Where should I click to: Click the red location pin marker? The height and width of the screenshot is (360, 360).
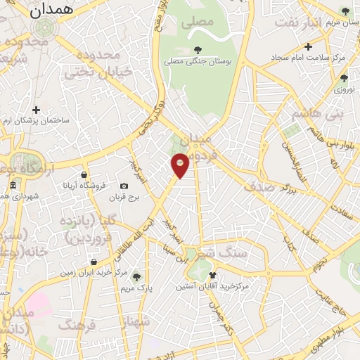[181, 165]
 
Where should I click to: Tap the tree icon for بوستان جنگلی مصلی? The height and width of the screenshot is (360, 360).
[197, 50]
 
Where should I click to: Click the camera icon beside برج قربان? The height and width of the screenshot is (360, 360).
[124, 186]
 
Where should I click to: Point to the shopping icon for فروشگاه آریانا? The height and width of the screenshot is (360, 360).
[84, 174]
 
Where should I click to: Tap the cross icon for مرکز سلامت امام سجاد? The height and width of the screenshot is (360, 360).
[308, 47]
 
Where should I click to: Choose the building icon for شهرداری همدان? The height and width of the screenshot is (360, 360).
[13, 185]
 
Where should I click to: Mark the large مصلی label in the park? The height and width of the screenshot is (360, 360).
[198, 22]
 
